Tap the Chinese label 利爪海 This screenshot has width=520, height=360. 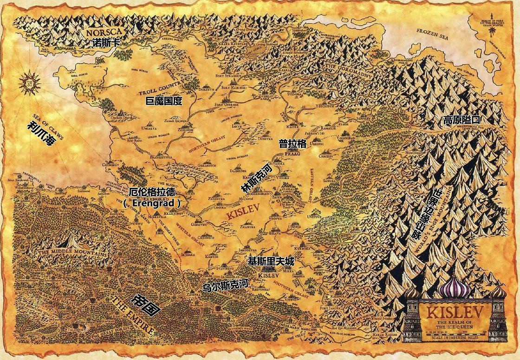(41, 133)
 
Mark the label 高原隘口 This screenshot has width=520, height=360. (461, 120)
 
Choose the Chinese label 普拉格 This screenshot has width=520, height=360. (292, 144)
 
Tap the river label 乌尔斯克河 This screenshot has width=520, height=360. (225, 284)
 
